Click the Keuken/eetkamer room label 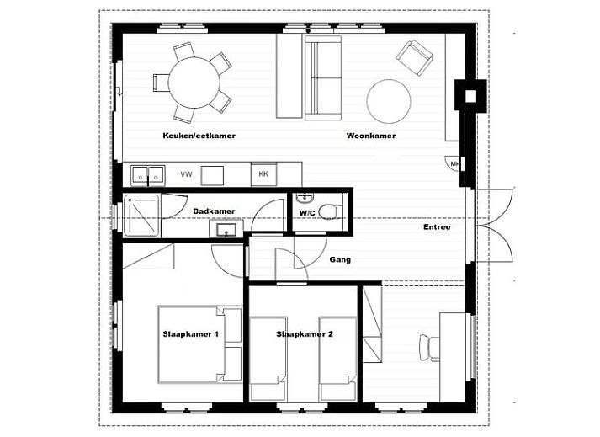point(199,136)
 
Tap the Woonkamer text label point(370,136)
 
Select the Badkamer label point(214,211)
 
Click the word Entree point(437,227)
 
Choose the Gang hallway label point(340,260)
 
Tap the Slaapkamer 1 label point(190,334)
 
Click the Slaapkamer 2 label point(305,334)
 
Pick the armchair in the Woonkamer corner point(414,57)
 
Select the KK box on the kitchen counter point(263,174)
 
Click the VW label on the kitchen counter point(186,174)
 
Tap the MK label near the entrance point(455,164)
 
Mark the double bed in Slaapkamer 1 point(199,344)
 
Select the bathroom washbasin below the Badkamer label point(227,229)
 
